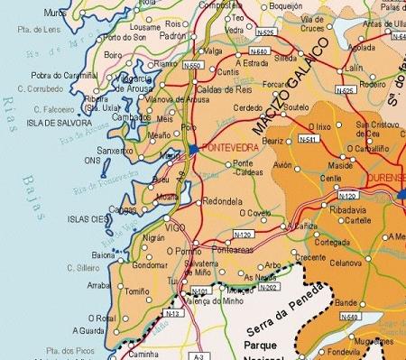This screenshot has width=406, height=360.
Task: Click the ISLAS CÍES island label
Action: [88, 219]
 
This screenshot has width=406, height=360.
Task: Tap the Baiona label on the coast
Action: [104, 255]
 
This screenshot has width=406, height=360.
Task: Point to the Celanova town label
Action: [346, 263]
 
